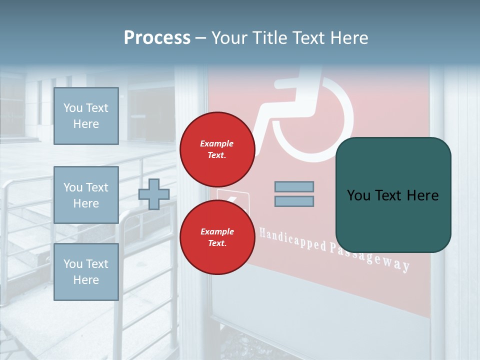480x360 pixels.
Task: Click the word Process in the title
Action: click(157, 38)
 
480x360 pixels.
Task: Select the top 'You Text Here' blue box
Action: click(86, 116)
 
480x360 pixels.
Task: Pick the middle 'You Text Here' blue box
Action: click(86, 195)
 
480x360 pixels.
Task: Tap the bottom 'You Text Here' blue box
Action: click(86, 271)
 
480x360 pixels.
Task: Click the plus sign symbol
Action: click(154, 194)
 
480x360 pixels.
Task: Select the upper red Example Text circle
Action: click(217, 149)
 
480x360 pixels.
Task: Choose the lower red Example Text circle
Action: click(217, 237)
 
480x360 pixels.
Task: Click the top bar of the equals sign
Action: click(294, 186)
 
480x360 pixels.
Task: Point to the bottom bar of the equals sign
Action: click(294, 201)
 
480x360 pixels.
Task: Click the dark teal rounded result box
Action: click(393, 220)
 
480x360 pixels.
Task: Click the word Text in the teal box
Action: click(392, 195)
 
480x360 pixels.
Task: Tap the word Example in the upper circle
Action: click(217, 143)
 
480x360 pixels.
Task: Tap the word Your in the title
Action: click(227, 38)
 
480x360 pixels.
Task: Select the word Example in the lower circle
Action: click(217, 231)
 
